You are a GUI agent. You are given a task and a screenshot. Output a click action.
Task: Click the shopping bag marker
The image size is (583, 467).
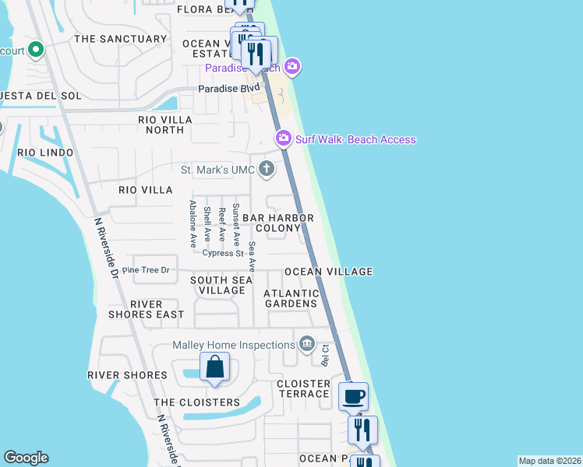pos(214,367)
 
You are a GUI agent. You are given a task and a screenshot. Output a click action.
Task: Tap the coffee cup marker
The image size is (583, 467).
pos(354,396)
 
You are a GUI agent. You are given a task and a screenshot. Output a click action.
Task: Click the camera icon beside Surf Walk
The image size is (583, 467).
pos(284,139)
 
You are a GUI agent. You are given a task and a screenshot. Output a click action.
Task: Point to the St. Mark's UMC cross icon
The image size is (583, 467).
pos(267,168)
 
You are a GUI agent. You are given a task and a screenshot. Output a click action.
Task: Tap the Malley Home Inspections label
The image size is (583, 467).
pos(233,346)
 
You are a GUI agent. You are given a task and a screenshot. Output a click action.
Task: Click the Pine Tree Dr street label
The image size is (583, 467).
pos(146,270)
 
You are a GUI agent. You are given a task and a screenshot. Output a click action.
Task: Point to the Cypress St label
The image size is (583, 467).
pos(223,253)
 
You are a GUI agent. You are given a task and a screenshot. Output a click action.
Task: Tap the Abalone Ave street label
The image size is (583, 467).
pos(193,224)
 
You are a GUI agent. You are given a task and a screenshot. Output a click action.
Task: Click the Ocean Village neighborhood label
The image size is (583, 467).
pos(328,272)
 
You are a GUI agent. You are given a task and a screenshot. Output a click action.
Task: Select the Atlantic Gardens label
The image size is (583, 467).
pos(291,298)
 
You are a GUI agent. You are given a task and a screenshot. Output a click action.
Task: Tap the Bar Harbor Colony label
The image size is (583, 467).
pos(277,223)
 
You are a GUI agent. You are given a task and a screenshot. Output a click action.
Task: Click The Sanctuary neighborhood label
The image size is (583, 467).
pos(120,39)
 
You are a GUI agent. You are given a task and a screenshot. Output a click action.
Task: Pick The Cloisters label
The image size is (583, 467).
pos(196,402)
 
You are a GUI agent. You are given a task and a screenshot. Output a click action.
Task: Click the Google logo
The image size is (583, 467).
pos(26,458)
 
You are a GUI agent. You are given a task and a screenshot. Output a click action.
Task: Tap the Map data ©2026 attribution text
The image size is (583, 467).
pos(549,461)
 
